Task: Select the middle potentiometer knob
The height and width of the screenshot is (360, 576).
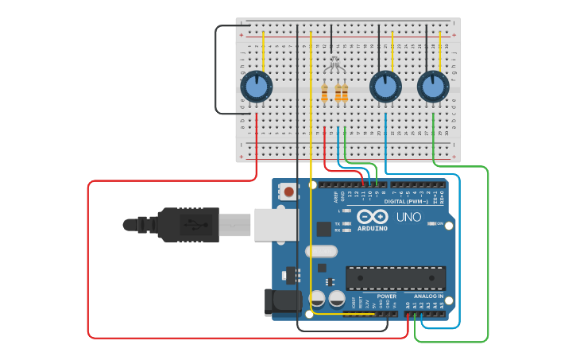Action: pyautogui.click(x=385, y=86)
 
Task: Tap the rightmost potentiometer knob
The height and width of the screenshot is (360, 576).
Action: pyautogui.click(x=432, y=86)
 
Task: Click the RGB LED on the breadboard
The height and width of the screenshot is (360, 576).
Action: pyautogui.click(x=334, y=64)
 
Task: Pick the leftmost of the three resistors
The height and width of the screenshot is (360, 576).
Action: pyautogui.click(x=324, y=93)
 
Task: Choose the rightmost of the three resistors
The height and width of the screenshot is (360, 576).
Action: pyautogui.click(x=345, y=93)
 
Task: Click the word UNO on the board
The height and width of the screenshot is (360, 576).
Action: pyautogui.click(x=408, y=217)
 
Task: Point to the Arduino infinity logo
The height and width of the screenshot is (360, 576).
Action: pyautogui.click(x=372, y=217)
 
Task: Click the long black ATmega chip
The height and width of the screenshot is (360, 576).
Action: pyautogui.click(x=395, y=278)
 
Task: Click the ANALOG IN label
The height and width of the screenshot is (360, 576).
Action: pyautogui.click(x=429, y=296)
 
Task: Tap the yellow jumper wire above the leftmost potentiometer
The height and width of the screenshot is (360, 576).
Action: pyautogui.click(x=264, y=52)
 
